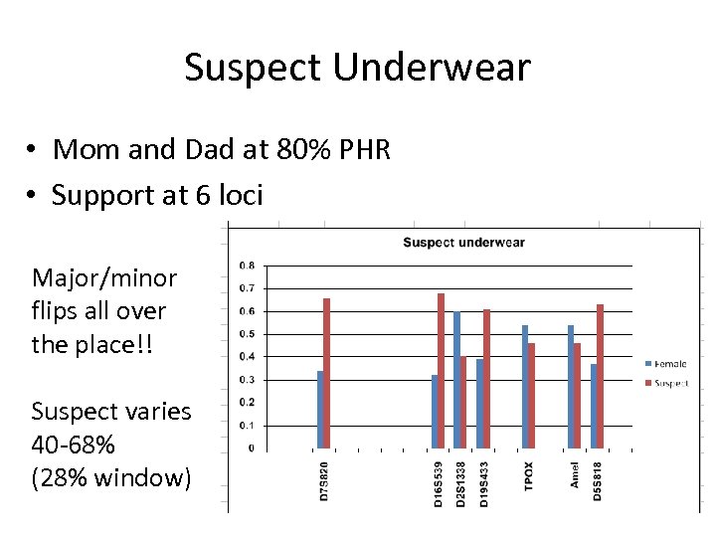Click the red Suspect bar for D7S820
(326, 373)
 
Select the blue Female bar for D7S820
(319, 410)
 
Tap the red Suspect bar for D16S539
(441, 371)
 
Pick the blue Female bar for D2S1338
(456, 380)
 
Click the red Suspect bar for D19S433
(486, 379)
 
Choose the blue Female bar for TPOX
(525, 387)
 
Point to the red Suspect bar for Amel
(578, 396)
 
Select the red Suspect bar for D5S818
(601, 376)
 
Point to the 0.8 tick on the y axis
(247, 266)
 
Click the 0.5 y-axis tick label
(247, 334)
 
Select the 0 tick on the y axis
(251, 448)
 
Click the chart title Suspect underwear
(463, 242)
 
